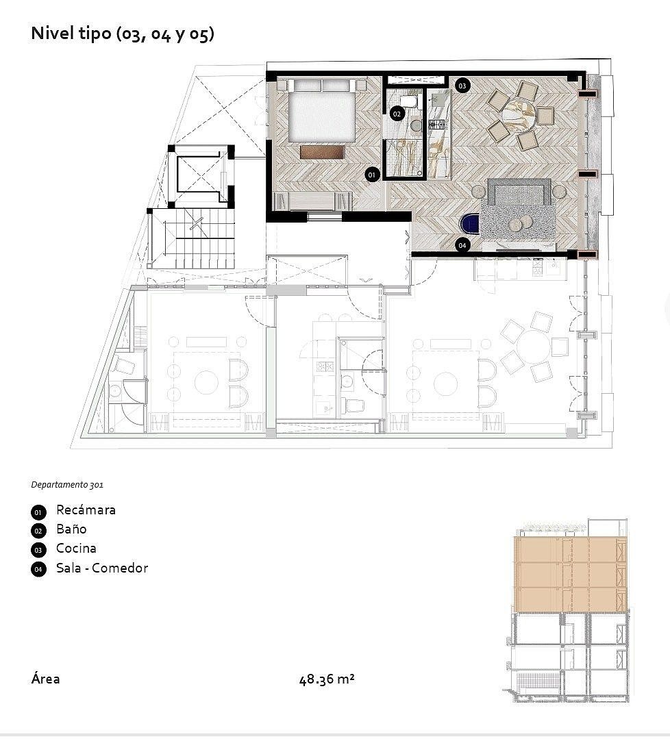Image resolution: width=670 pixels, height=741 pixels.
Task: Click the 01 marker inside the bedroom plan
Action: [371, 175]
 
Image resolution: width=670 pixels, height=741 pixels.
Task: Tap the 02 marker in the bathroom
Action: [397, 114]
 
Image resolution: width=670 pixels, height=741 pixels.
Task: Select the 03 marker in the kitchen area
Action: [462, 86]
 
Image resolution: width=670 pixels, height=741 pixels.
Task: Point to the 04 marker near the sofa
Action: [462, 245]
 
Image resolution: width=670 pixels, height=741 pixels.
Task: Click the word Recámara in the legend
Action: [86, 510]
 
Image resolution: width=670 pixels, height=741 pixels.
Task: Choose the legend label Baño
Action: [71, 529]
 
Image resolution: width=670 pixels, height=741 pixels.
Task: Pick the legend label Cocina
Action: [76, 548]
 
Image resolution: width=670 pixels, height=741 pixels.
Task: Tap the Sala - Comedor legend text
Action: [102, 568]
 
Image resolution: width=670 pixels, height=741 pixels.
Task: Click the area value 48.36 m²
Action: [327, 679]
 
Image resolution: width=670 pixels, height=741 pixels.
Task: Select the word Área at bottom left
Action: [45, 679]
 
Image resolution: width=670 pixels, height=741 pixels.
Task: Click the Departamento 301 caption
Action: [67, 484]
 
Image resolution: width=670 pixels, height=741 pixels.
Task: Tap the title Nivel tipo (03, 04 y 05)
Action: [123, 34]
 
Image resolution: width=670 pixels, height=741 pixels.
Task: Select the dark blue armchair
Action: [471, 224]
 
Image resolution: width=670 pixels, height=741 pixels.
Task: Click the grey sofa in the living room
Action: [519, 191]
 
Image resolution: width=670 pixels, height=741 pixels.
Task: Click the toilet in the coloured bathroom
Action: [408, 102]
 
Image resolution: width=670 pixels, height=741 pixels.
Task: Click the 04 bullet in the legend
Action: [38, 569]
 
